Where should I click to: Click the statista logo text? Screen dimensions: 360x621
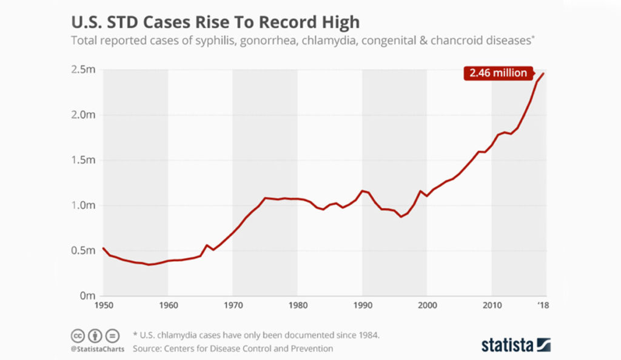[x=508, y=345]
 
